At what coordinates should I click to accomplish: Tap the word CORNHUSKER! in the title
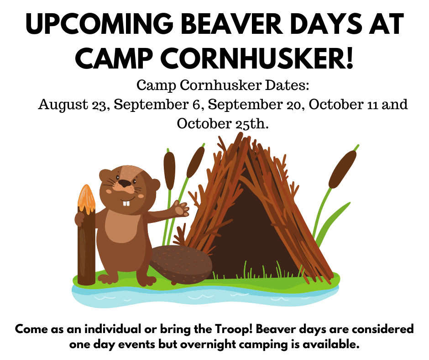pyautogui.click(x=257, y=58)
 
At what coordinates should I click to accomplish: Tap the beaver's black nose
pyautogui.click(x=126, y=183)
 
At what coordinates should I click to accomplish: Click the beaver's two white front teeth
pyautogui.click(x=126, y=203)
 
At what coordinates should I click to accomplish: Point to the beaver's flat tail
pyautogui.click(x=181, y=264)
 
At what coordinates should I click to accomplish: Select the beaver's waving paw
pyautogui.click(x=181, y=208)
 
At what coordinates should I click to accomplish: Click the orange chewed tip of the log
pyautogui.click(x=86, y=199)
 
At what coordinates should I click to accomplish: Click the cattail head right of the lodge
pyautogui.click(x=343, y=169)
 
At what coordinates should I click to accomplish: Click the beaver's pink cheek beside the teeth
pyautogui.click(x=141, y=196)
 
